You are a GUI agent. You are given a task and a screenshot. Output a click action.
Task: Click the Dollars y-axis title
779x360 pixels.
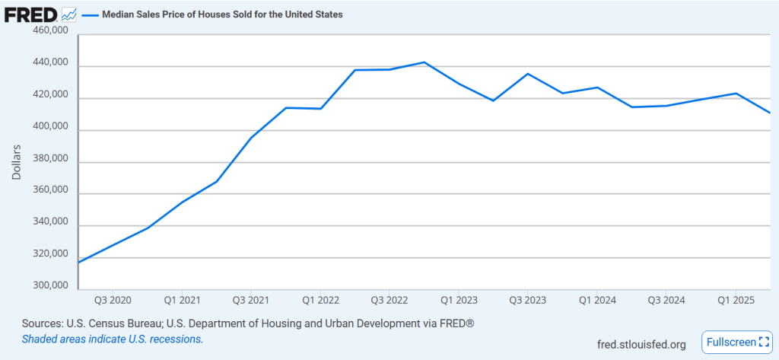17,161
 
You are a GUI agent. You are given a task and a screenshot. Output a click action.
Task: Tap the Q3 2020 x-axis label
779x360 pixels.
112,300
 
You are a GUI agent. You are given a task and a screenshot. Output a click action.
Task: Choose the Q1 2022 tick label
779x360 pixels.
320,300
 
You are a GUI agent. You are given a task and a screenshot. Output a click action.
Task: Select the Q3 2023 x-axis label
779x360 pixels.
528,300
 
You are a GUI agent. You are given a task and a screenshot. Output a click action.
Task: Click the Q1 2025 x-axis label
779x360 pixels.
736,300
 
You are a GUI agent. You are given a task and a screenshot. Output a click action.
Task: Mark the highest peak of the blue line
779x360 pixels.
424,62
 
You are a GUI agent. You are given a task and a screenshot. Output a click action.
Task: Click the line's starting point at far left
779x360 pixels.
79,262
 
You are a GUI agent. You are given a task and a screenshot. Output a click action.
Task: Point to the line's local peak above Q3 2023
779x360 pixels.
528,74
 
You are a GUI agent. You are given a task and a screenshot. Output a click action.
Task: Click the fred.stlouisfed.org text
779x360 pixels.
643,345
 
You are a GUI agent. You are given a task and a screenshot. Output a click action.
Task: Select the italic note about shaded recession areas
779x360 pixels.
113,339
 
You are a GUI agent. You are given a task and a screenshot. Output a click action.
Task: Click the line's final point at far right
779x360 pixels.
770,113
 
